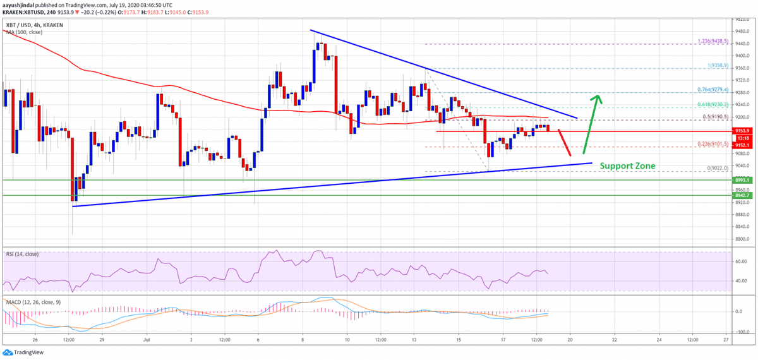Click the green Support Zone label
click(x=627, y=166)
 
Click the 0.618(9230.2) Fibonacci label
click(x=713, y=104)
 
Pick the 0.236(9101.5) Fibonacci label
click(x=713, y=144)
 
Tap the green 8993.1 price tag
click(x=743, y=180)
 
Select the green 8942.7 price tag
click(x=743, y=195)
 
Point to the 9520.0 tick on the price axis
click(x=742, y=19)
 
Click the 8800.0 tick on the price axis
click(x=742, y=239)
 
